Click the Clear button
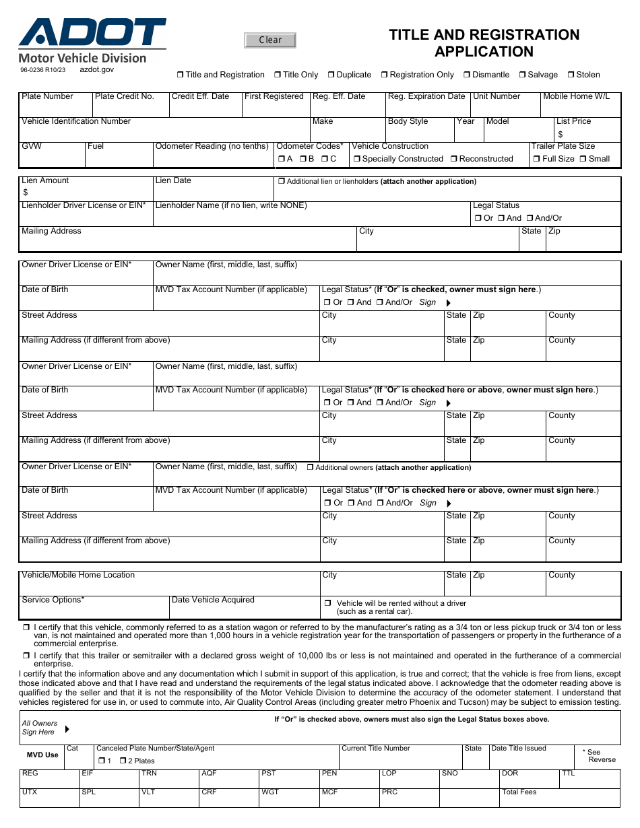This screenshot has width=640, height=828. pos(270,40)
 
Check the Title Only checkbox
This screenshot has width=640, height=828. pos(277,75)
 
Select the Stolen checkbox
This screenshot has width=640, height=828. pos(570,75)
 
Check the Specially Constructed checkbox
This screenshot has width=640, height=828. pos(356,160)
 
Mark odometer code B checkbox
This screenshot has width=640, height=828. pos(302,160)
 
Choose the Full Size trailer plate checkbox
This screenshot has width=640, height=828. pos(536,160)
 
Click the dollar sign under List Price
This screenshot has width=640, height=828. pos(561,135)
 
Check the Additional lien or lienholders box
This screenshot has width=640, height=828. pos(281,182)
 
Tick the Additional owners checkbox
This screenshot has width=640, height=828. pos(310,467)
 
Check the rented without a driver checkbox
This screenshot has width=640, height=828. pos(327,603)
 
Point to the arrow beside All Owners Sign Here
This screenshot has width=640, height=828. pos(67,729)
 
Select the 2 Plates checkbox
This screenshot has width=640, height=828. pos(123,761)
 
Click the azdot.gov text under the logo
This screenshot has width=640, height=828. pos(97,69)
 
